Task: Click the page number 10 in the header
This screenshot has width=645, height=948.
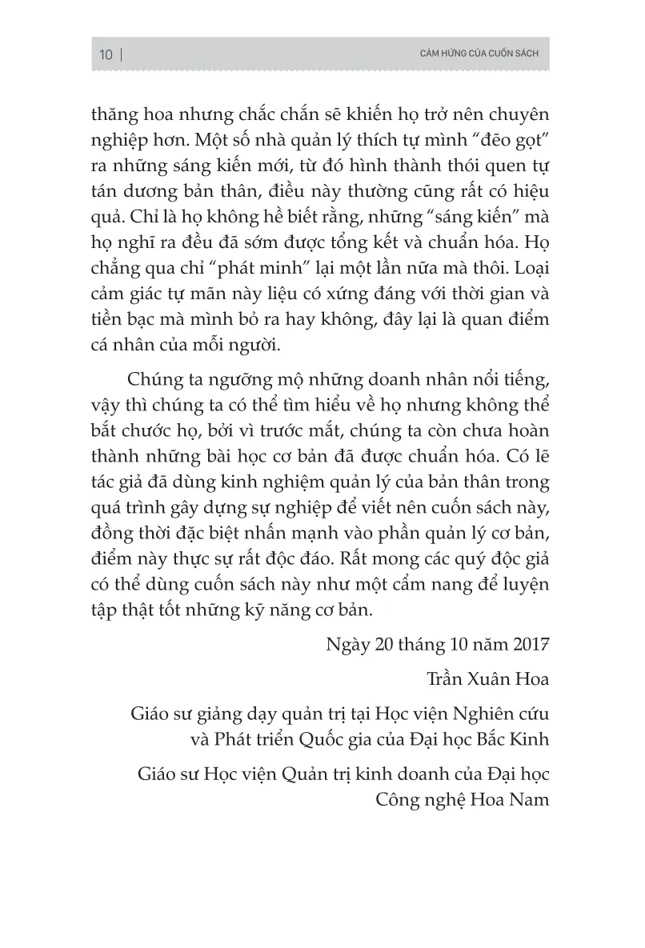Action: (106, 54)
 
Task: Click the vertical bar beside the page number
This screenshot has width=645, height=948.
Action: (121, 54)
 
